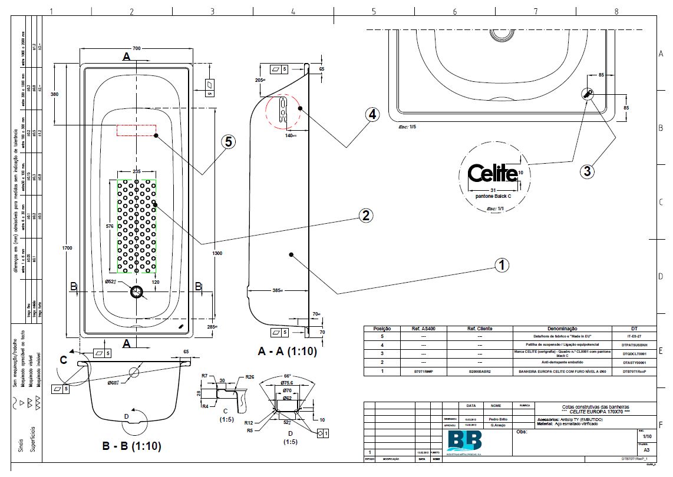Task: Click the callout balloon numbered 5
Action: pyautogui.click(x=229, y=141)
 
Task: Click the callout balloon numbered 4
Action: pyautogui.click(x=371, y=114)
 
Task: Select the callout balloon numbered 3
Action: pyautogui.click(x=587, y=171)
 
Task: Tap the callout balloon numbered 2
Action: pyautogui.click(x=366, y=216)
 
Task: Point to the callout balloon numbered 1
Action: pyautogui.click(x=502, y=265)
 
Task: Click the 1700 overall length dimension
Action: pyautogui.click(x=67, y=249)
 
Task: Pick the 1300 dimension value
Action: pyautogui.click(x=217, y=253)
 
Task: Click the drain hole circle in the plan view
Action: pyautogui.click(x=137, y=292)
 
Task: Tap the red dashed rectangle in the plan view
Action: pyautogui.click(x=136, y=130)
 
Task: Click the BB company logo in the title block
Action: pyautogui.click(x=464, y=441)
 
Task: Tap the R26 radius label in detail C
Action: pyautogui.click(x=249, y=377)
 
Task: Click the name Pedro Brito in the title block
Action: pyautogui.click(x=494, y=419)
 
